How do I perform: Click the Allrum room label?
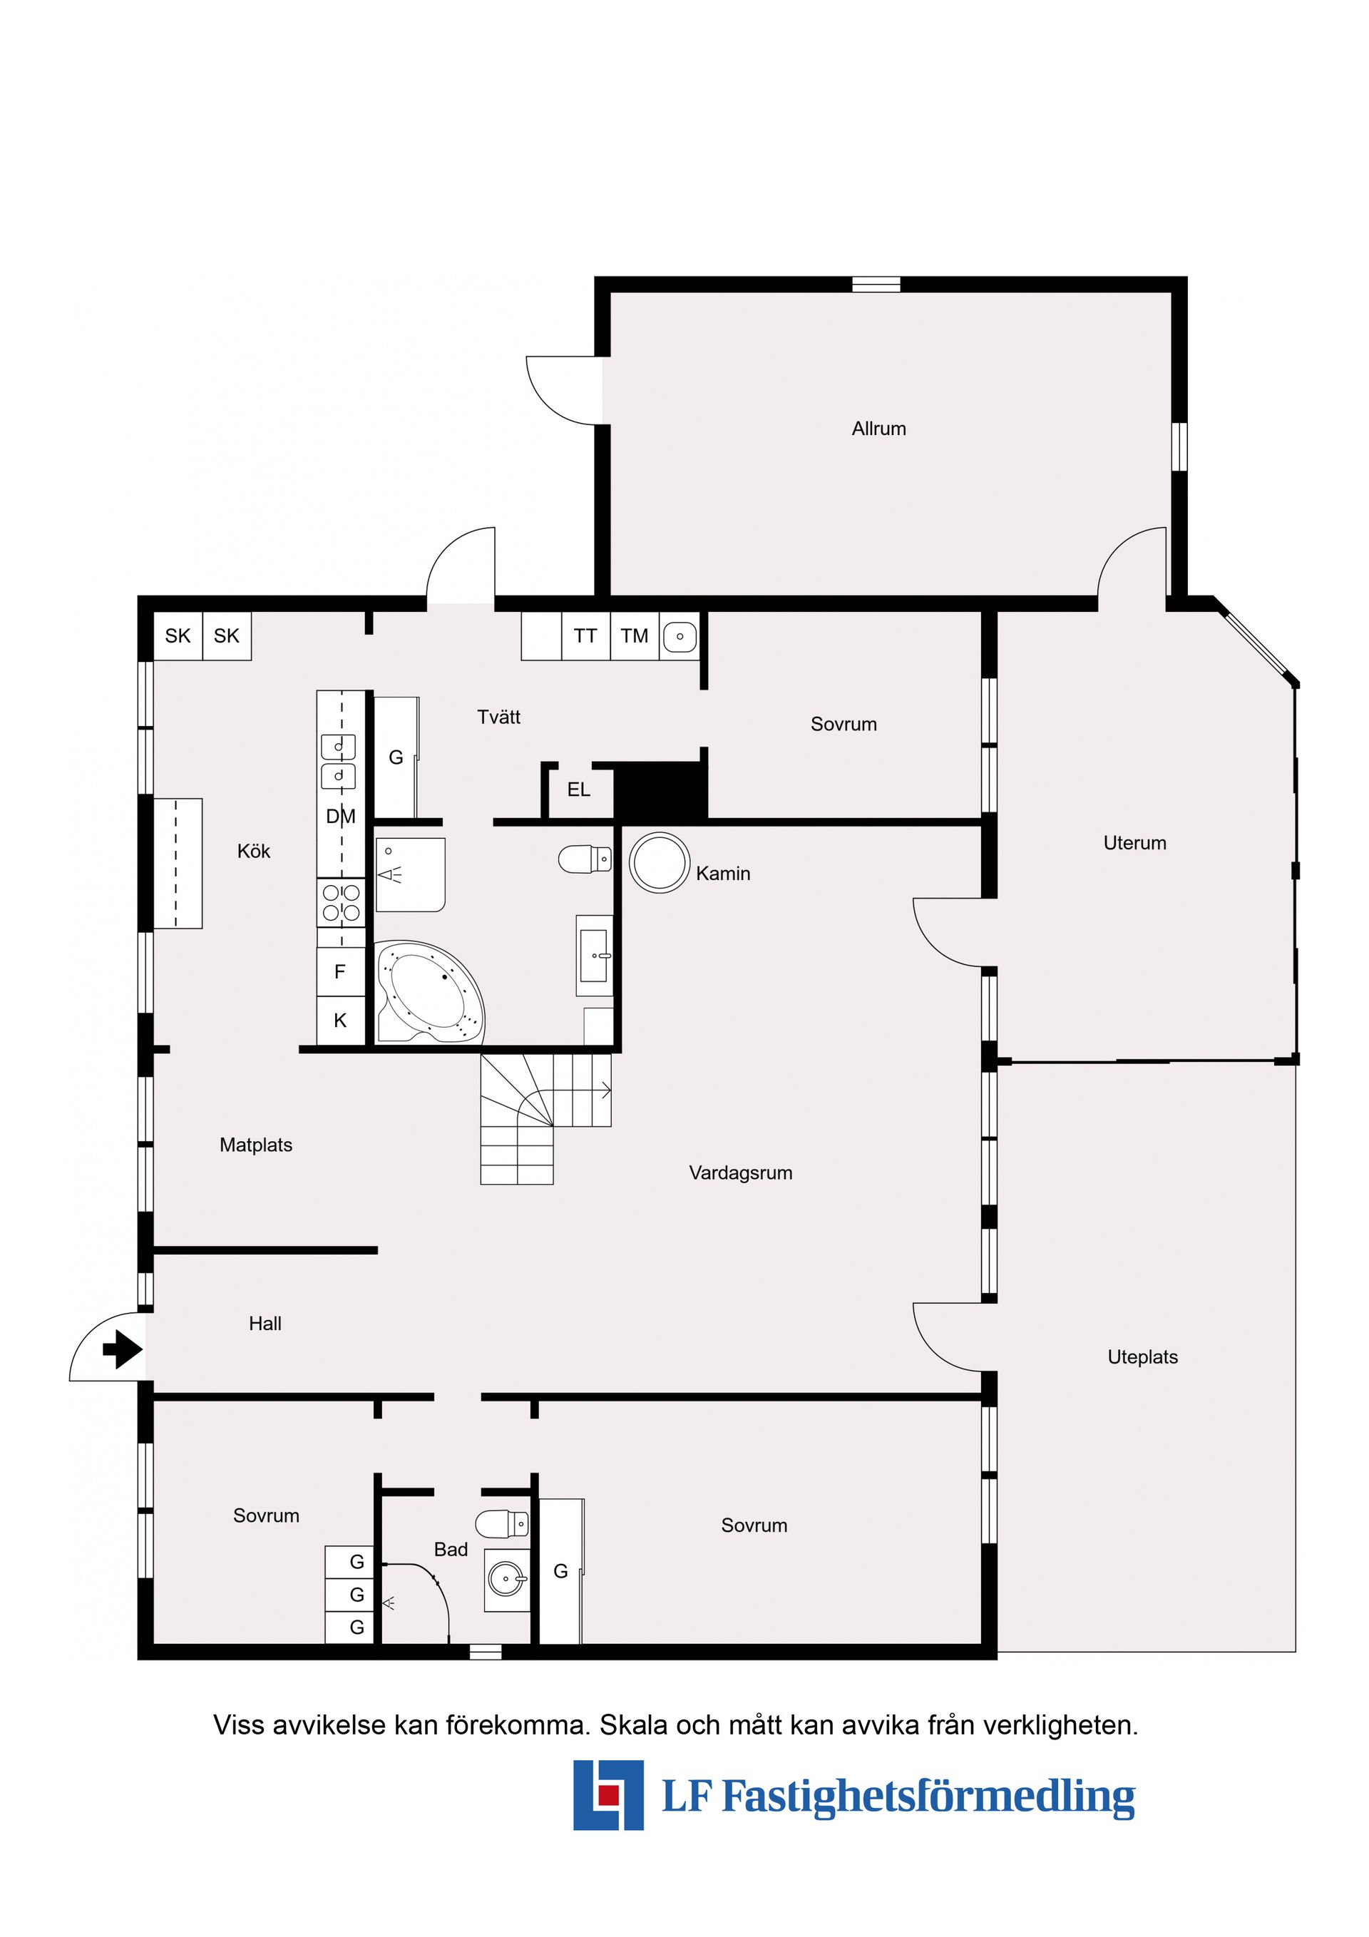tap(878, 429)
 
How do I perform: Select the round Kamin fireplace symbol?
tap(660, 863)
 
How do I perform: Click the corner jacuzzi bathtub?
tap(429, 993)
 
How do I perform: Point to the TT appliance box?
tap(585, 636)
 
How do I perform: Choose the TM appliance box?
tap(635, 636)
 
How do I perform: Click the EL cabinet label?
tap(579, 789)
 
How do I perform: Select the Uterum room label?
tap(1134, 843)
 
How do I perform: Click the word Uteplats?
tap(1142, 1357)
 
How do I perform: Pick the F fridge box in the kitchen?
tap(340, 972)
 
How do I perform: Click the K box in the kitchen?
tap(340, 1021)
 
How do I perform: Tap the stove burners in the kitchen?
tap(342, 903)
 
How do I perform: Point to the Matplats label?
tap(255, 1145)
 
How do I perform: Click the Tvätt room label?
tap(498, 717)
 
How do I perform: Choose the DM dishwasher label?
tap(341, 816)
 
